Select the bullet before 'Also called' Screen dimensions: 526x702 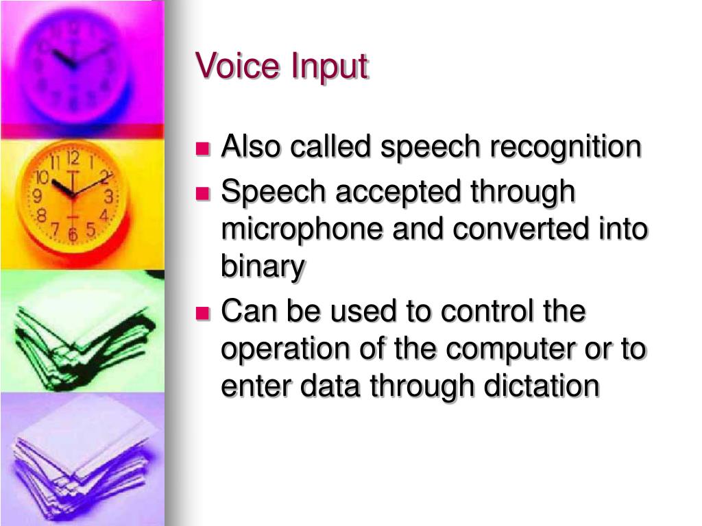(202, 148)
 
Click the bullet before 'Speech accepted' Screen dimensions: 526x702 (202, 193)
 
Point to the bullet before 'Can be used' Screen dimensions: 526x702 (202, 313)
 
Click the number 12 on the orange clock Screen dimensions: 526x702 (73, 159)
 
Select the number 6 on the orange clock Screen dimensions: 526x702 (73, 234)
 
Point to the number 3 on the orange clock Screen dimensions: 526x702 (108, 197)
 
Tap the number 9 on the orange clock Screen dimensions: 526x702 (38, 197)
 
